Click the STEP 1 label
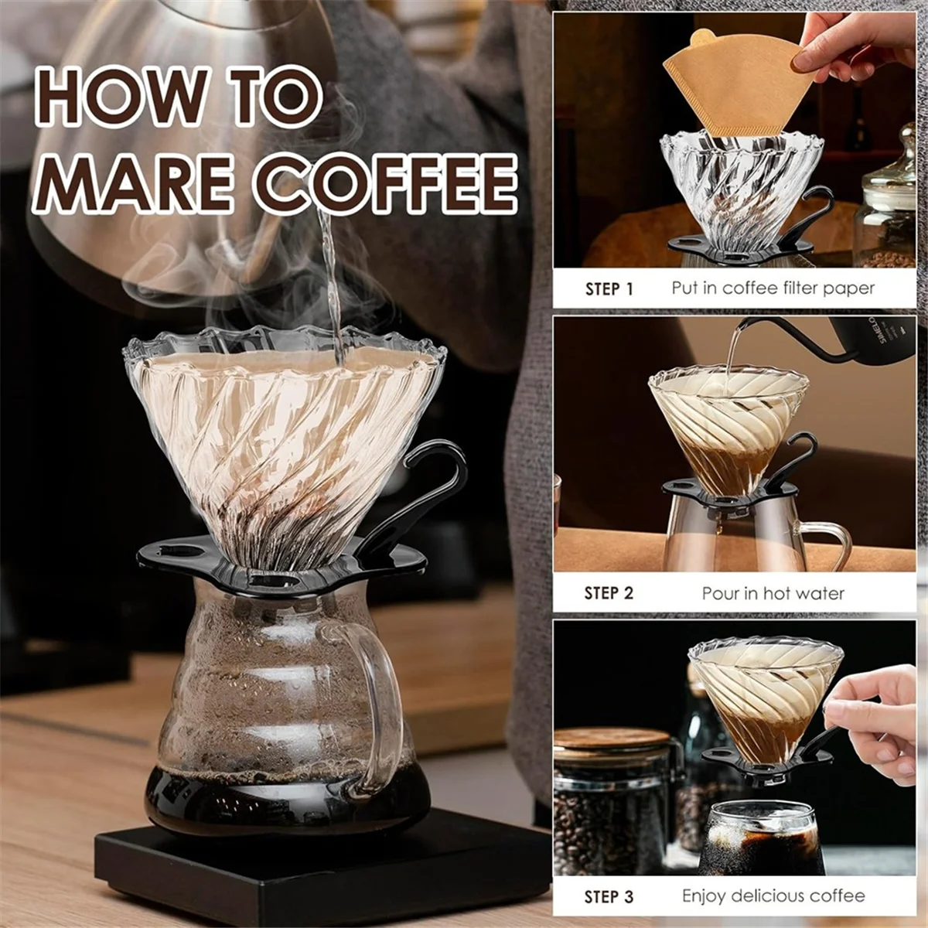(x=609, y=289)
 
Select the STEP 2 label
(x=609, y=593)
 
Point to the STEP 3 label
(x=609, y=897)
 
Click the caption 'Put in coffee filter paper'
(x=773, y=288)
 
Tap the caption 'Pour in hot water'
(x=773, y=593)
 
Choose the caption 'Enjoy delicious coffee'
(x=773, y=896)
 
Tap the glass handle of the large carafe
(x=379, y=696)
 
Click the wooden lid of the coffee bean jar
(x=611, y=739)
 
